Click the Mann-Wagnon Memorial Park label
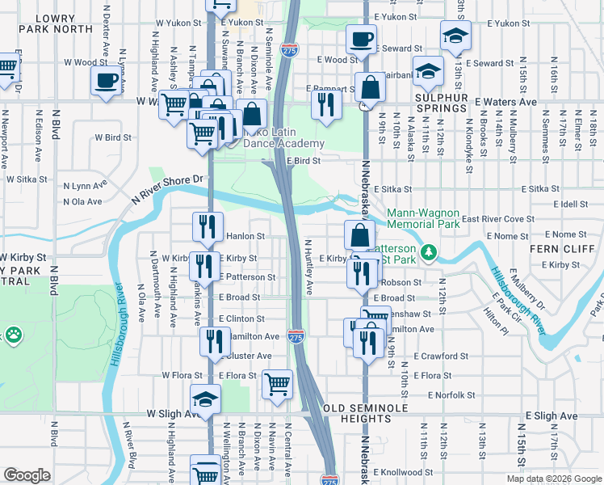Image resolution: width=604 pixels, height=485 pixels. pyautogui.click(x=423, y=218)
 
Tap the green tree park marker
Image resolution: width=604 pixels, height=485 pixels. pyautogui.click(x=430, y=254)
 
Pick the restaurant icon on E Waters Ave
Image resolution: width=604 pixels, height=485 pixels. pyautogui.click(x=325, y=104)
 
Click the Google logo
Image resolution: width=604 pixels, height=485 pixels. pyautogui.click(x=27, y=474)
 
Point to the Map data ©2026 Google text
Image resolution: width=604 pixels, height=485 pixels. pyautogui.click(x=554, y=479)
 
